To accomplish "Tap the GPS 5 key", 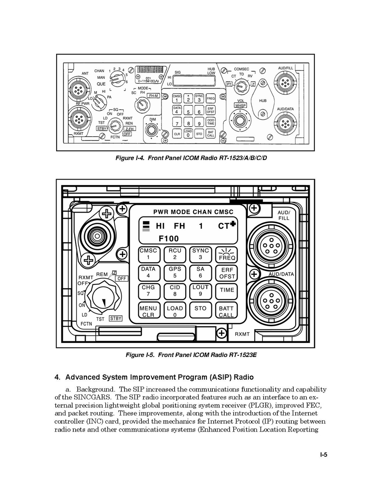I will (x=175, y=272).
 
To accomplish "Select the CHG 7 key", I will (x=148, y=291).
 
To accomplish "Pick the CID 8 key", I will (x=175, y=291).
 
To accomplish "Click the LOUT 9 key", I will (x=200, y=291).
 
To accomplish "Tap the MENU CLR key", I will (x=148, y=312).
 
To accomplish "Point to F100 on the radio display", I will (x=169, y=239).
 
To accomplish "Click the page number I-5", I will (x=324, y=454).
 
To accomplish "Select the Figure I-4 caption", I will (x=191, y=158).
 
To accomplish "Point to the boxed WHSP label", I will (x=241, y=105).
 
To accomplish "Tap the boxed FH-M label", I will (x=153, y=96).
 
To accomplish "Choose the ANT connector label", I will (x=85, y=73).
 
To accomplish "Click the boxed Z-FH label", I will (x=129, y=129).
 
